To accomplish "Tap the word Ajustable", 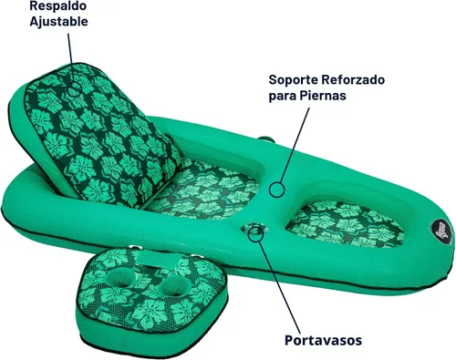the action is [x=58, y=22].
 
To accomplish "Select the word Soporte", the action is [x=294, y=80].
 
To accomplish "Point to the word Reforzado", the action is [x=353, y=80].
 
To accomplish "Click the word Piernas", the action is [x=323, y=96].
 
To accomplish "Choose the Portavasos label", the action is [x=323, y=340].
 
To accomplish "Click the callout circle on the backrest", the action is [x=74, y=89].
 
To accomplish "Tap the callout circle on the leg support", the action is [x=276, y=190].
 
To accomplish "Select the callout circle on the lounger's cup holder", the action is [x=255, y=234].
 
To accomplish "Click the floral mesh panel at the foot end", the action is [x=346, y=224].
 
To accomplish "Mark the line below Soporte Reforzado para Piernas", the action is [x=295, y=145].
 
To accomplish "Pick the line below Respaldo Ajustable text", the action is [x=70, y=57].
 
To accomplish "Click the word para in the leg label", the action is [x=283, y=97].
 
